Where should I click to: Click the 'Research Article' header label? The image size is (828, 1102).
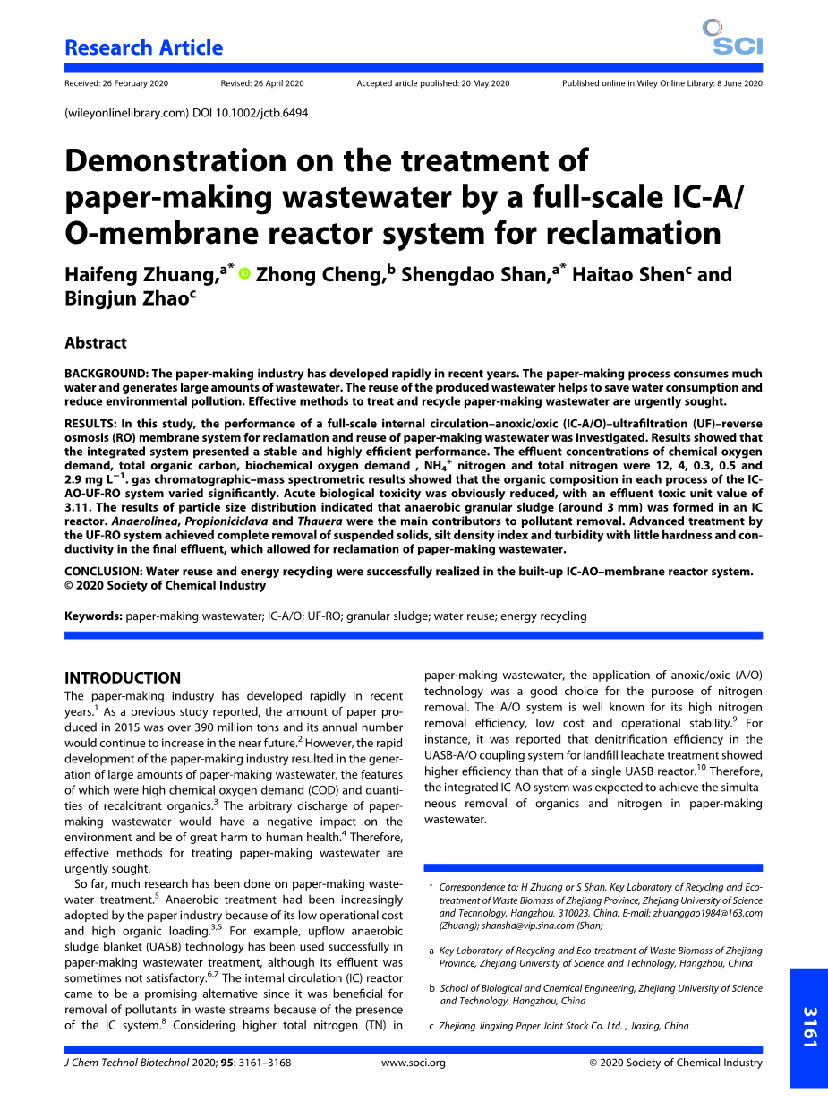tap(143, 48)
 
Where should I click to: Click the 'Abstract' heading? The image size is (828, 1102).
tap(96, 343)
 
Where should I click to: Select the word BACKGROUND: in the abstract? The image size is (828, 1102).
tap(106, 374)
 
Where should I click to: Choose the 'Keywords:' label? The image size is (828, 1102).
tap(93, 616)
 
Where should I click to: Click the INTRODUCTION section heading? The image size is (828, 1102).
tap(123, 678)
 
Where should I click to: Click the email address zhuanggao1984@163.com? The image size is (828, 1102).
tap(709, 913)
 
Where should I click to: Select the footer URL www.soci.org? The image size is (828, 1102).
tap(414, 1063)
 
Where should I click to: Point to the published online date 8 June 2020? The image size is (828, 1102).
tap(739, 83)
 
